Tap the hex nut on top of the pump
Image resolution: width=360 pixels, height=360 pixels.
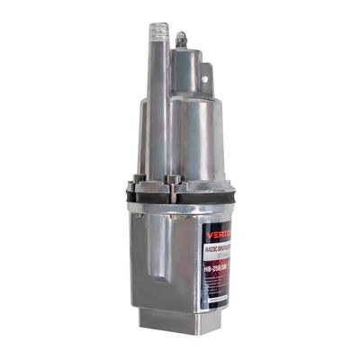click(181, 39)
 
